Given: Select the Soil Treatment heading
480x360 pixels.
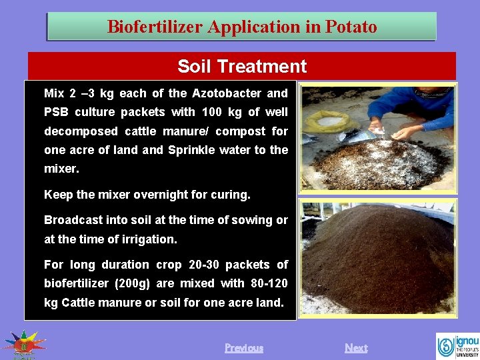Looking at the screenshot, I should point(242,66).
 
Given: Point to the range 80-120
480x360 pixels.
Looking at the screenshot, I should point(265,283).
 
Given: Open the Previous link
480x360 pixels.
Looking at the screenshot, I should point(243,347).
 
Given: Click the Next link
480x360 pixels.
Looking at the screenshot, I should point(355,347).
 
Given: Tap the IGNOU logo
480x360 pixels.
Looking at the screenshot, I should point(457,345).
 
